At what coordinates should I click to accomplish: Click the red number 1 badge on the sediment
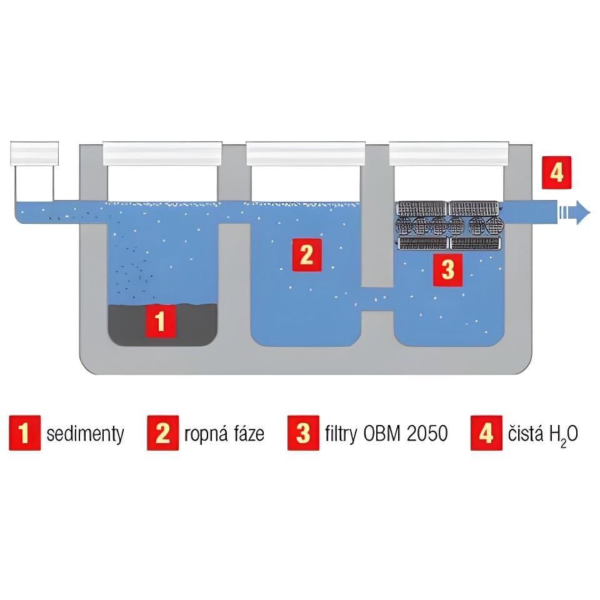161,321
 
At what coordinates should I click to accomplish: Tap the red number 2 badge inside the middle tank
306,255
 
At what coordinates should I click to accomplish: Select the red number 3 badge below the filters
447,270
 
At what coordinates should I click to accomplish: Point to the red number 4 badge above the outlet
557,172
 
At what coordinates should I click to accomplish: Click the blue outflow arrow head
583,212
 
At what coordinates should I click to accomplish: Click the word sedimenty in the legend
86,434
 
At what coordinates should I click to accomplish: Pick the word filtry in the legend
341,434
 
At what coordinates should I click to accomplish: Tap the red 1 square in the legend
25,432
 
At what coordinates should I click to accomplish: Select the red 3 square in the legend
304,432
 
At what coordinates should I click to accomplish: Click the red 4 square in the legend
486,432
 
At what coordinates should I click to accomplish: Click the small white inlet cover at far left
34,154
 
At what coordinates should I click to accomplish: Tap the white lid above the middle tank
306,154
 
